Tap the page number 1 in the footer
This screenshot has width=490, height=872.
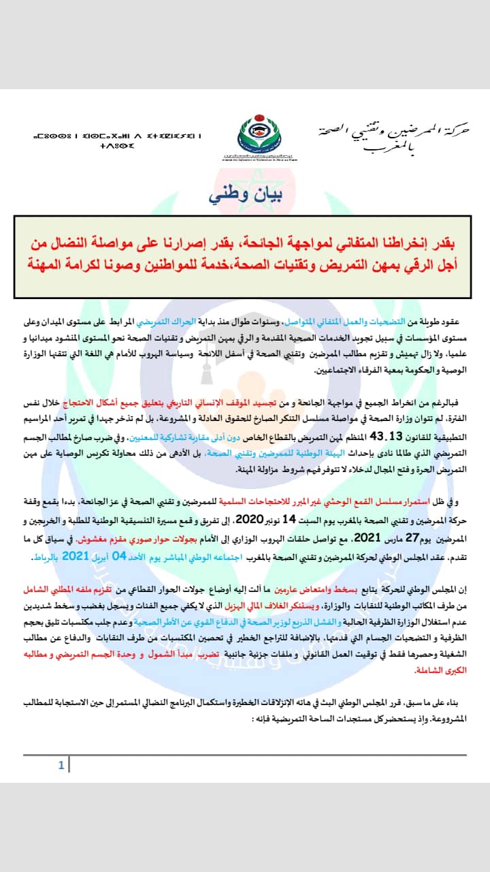[x=61, y=766]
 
